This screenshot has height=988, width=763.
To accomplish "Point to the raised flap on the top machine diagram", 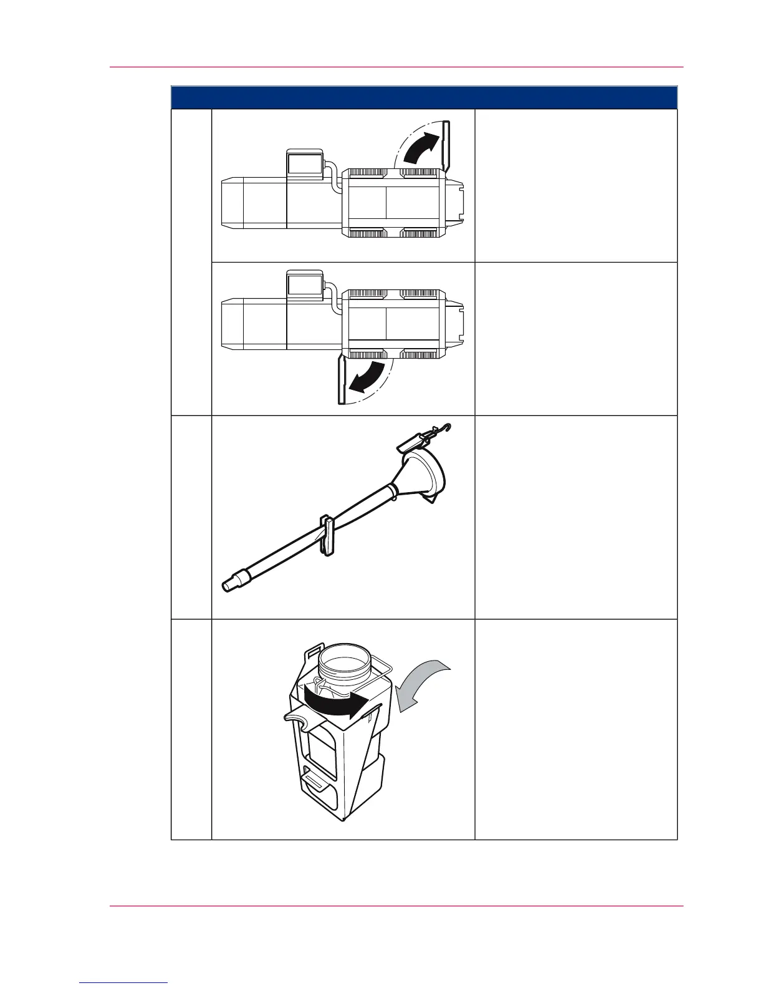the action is tap(446, 145).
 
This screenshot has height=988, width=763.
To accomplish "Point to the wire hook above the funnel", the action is tap(443, 428).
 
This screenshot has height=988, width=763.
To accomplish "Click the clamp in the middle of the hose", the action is tap(326, 534).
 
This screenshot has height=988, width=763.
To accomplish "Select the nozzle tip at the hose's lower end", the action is tap(231, 583).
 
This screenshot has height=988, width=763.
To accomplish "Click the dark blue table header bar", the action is tap(424, 98).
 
